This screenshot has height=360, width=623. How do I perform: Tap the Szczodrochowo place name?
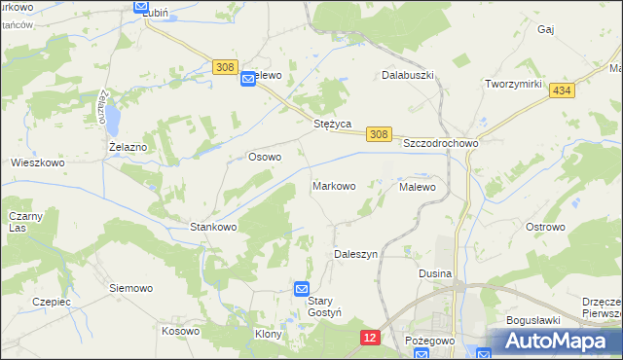point(441,142)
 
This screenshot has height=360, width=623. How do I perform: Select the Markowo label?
point(333,185)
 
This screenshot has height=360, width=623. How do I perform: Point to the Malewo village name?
point(418,185)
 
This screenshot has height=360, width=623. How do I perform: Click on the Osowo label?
point(265,157)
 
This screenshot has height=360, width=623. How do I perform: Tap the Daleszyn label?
point(355,253)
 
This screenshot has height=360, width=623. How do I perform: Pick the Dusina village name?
point(435,273)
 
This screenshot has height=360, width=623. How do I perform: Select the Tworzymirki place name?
point(513,84)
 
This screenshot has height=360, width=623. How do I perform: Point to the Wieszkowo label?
point(37,163)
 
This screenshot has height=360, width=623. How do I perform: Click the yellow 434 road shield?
point(560,90)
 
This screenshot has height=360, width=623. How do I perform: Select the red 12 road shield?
point(369,337)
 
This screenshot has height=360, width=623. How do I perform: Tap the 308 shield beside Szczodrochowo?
point(380,134)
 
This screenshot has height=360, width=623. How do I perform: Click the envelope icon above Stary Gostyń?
point(302,288)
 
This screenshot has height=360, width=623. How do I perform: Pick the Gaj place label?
point(545,30)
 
